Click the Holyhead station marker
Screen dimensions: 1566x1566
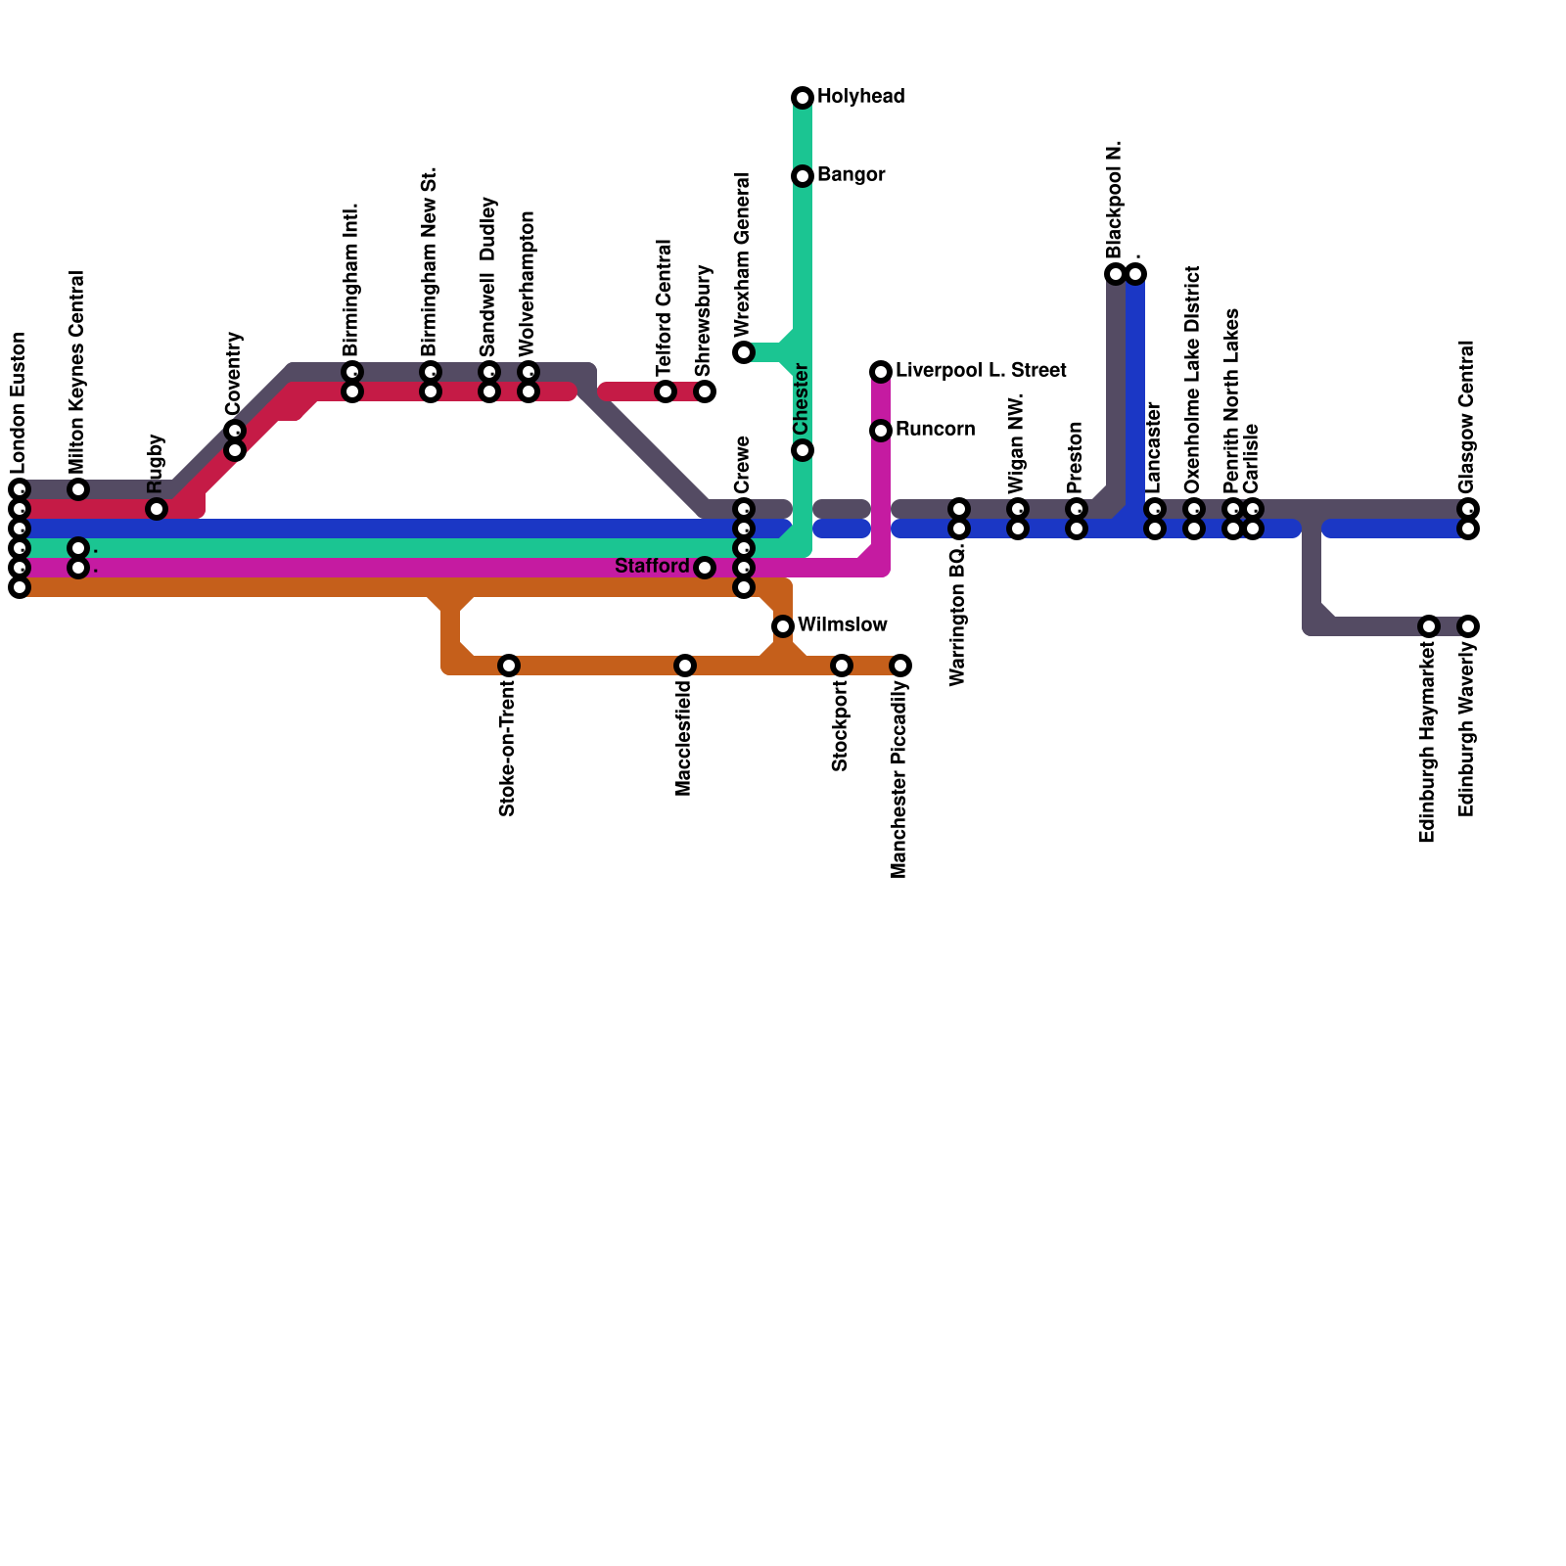pyautogui.click(x=803, y=98)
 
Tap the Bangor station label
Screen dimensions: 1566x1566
pyautogui.click(x=851, y=175)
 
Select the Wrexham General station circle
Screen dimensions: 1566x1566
pyautogui.click(x=744, y=352)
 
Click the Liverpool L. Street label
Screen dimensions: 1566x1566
pyautogui.click(x=980, y=371)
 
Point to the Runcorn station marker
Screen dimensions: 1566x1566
pyautogui.click(x=881, y=431)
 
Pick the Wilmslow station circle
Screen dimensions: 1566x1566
pyautogui.click(x=783, y=626)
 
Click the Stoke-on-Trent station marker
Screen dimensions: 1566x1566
pyautogui.click(x=509, y=666)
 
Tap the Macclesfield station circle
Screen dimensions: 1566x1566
pyautogui.click(x=685, y=666)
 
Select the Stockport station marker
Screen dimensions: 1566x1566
pyautogui.click(x=842, y=666)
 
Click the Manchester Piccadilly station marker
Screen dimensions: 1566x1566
pyautogui.click(x=900, y=666)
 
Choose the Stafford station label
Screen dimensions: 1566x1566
pyautogui.click(x=652, y=567)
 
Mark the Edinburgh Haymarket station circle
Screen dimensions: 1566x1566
pyautogui.click(x=1429, y=626)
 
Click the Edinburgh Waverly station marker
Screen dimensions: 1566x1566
pyautogui.click(x=1468, y=626)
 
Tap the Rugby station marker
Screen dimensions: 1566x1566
pyautogui.click(x=157, y=509)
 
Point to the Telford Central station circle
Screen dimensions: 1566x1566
pyautogui.click(x=666, y=391)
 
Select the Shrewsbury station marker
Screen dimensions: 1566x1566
pyautogui.click(x=705, y=391)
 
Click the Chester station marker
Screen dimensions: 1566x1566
pyautogui.click(x=803, y=450)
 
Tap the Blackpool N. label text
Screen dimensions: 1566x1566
pyautogui.click(x=1115, y=200)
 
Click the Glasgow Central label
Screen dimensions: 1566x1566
pyautogui.click(x=1466, y=418)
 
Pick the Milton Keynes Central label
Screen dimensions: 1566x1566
pyautogui.click(x=77, y=372)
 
